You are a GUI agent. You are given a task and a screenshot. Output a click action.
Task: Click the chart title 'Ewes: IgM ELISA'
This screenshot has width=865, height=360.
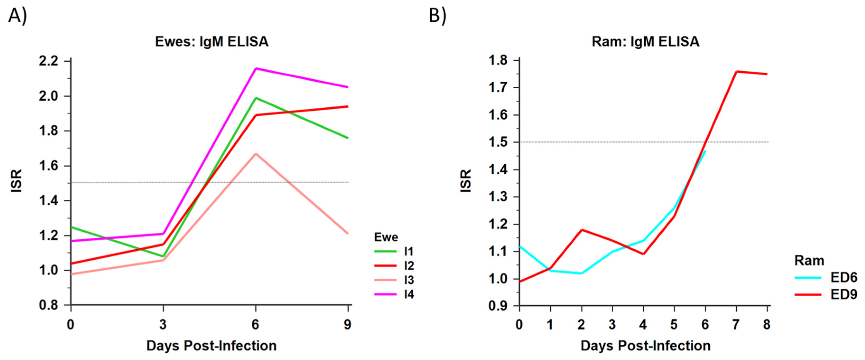tap(212, 42)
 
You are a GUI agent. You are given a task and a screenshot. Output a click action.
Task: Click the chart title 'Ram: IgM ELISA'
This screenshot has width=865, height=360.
tap(645, 42)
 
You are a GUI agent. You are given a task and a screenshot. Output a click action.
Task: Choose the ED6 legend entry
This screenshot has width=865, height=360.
tap(826, 277)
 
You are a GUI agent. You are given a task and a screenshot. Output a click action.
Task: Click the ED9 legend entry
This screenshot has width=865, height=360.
tap(826, 295)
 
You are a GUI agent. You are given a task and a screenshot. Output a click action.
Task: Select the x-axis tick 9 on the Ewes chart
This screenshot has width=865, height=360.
tap(347, 324)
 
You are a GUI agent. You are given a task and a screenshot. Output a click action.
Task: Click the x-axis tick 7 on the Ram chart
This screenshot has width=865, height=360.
tap(736, 324)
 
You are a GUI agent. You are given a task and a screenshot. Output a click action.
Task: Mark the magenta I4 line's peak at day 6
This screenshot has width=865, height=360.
tap(256, 69)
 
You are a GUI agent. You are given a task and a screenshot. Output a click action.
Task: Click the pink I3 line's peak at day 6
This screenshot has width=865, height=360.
tap(256, 154)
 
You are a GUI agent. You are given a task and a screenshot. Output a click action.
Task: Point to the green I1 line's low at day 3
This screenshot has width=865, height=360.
tap(163, 257)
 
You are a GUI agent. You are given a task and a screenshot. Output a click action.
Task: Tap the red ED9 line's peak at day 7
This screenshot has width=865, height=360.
tap(736, 71)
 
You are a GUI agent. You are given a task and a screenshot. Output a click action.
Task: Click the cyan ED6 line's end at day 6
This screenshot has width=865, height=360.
tap(705, 151)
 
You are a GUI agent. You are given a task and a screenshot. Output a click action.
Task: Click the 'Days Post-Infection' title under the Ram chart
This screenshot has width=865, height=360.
tap(645, 346)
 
